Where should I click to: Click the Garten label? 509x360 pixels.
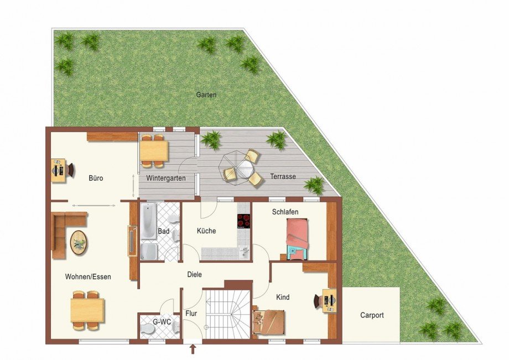(x=206, y=95)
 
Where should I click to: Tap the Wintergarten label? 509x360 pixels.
(x=166, y=178)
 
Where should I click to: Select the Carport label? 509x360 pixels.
(x=372, y=315)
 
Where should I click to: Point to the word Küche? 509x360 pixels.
(x=206, y=231)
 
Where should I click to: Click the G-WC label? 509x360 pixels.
(x=162, y=322)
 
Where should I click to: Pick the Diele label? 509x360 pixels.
(x=194, y=274)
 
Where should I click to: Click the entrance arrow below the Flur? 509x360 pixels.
(x=193, y=349)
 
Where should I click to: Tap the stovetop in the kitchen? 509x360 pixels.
(x=243, y=221)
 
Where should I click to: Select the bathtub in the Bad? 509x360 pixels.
(x=148, y=221)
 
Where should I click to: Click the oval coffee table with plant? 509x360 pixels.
(x=79, y=243)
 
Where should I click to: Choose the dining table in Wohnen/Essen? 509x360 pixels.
(x=87, y=310)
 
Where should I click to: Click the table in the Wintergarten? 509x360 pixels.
(x=154, y=151)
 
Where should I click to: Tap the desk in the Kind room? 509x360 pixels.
(x=330, y=300)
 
